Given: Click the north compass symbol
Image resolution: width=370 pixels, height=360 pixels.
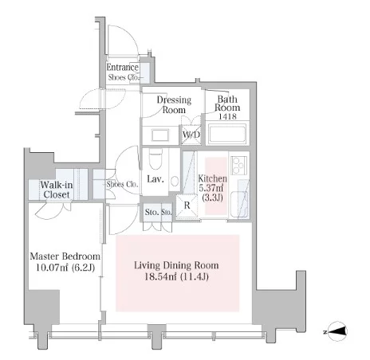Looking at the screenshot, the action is click(337, 331).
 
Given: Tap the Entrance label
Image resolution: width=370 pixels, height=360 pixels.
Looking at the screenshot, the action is click(123, 68).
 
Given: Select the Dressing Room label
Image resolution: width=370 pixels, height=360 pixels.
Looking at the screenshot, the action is click(174, 104).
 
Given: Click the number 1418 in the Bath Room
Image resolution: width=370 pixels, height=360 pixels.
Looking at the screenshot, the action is click(227, 116).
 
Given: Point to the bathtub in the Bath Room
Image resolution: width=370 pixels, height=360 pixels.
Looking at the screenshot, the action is click(227, 134).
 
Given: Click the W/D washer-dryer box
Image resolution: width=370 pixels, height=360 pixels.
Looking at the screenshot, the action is click(191, 135).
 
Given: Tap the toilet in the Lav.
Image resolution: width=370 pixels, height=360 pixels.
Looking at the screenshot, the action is click(155, 158).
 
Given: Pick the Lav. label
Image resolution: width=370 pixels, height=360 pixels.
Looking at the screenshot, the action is click(155, 179).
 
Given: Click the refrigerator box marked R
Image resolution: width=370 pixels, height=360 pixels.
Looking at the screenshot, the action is click(187, 206).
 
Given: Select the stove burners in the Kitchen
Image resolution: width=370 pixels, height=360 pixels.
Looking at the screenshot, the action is click(239, 166).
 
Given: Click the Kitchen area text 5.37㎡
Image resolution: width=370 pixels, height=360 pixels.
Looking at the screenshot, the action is click(211, 188).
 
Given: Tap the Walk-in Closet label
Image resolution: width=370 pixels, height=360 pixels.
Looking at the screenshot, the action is click(57, 190).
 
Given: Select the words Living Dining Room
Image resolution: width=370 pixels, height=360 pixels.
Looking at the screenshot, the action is click(176, 265).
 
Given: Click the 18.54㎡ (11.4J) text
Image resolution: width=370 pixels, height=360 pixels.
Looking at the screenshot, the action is click(176, 277).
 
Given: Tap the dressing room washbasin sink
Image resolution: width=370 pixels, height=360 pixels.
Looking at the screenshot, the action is click(160, 135).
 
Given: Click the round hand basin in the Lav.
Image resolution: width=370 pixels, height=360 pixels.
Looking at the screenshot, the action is click(175, 182).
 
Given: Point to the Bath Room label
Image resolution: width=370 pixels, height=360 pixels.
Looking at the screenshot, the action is click(227, 104).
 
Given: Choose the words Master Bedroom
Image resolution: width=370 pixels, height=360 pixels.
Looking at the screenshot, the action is click(65, 256).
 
